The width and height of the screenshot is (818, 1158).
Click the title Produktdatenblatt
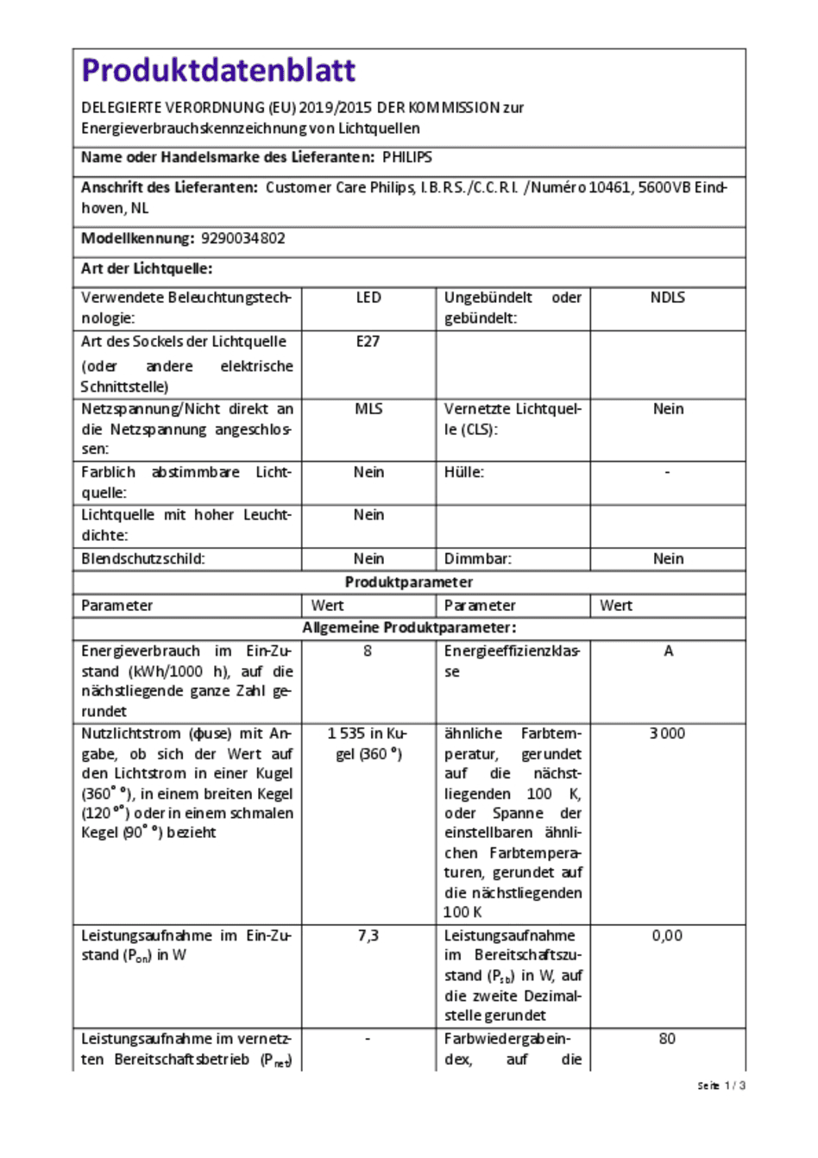218,70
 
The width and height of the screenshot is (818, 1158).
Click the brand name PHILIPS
407,157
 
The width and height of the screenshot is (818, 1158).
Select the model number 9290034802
242,238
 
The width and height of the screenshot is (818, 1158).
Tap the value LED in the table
368,298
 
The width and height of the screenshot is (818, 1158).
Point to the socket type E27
368,342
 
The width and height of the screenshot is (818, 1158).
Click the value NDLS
667,298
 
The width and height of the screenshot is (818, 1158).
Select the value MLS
368,409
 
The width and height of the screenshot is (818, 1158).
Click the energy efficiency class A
668,651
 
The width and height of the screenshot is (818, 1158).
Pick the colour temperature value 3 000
667,733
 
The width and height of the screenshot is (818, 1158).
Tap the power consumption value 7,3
368,935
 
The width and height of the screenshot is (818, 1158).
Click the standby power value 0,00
667,935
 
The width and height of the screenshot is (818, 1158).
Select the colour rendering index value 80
667,1039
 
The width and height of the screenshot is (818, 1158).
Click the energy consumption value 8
368,651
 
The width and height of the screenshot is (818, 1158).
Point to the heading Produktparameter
409,582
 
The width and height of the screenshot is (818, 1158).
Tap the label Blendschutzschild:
143,559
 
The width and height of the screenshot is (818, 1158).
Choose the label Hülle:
464,473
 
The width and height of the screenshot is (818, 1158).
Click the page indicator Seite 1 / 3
721,1086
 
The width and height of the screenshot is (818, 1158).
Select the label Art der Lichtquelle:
147,268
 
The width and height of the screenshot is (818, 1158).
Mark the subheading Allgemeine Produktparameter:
409,628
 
